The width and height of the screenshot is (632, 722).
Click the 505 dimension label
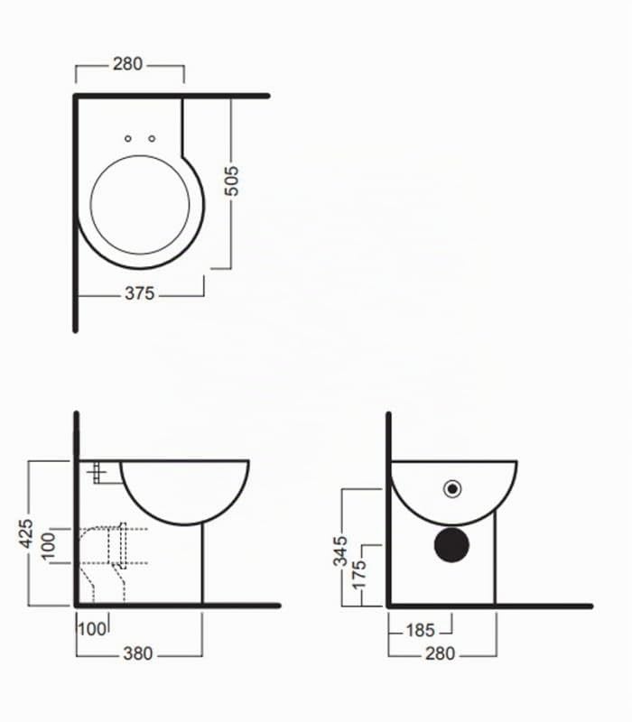(x=232, y=181)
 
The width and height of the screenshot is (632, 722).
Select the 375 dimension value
(x=140, y=293)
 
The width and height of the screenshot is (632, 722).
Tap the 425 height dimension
(x=26, y=533)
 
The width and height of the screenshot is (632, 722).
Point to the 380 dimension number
(x=138, y=653)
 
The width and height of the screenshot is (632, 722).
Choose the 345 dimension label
(x=341, y=551)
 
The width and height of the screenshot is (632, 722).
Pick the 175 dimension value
(x=358, y=574)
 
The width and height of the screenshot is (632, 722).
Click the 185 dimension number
(x=420, y=630)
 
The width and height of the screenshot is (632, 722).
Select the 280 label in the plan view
(x=127, y=64)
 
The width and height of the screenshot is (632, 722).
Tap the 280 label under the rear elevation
(x=441, y=653)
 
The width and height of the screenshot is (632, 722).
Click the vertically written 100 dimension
(x=48, y=546)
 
